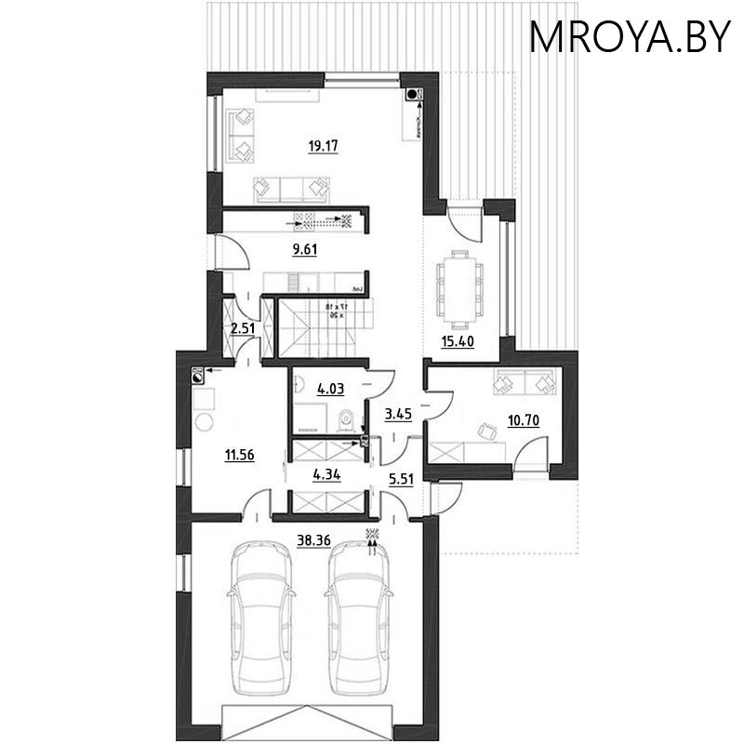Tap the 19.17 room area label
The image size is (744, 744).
pyautogui.click(x=321, y=145)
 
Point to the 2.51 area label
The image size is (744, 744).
pyautogui.click(x=242, y=326)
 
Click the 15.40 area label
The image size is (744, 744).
pyautogui.click(x=457, y=341)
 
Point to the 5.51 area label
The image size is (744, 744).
pyautogui.click(x=402, y=480)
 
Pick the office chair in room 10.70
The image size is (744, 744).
pyautogui.click(x=485, y=429)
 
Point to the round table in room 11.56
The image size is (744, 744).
pyautogui.click(x=204, y=423)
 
